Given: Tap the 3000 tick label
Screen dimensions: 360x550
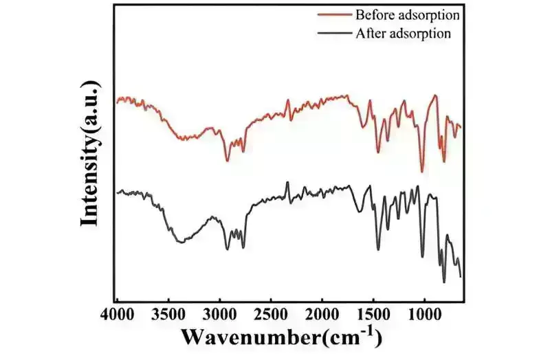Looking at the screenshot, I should click(x=220, y=315).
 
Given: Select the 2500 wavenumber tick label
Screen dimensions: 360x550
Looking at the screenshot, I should click(x=271, y=315).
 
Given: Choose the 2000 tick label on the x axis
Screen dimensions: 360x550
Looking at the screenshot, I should click(x=322, y=315).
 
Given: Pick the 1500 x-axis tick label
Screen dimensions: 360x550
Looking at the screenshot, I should click(x=373, y=315).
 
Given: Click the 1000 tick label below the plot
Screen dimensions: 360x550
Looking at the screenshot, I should click(x=424, y=315).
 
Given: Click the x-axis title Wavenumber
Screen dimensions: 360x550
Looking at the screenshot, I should click(x=280, y=337).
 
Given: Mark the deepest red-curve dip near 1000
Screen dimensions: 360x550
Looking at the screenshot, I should click(x=423, y=172).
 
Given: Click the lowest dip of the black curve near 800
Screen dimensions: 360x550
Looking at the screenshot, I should click(x=444, y=282).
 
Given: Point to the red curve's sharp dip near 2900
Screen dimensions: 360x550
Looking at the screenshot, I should click(x=227, y=160).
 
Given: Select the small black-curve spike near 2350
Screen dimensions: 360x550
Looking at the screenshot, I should click(x=287, y=183).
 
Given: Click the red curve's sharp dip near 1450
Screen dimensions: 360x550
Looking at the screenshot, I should click(x=377, y=152).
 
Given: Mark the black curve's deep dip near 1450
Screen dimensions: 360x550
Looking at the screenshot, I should click(x=378, y=249).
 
